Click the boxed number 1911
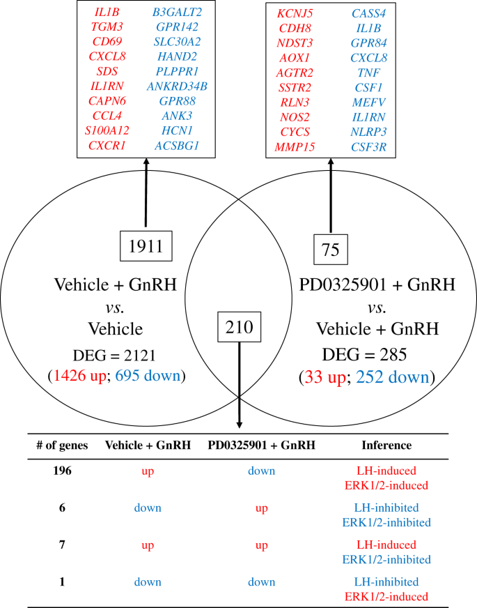click(146, 247)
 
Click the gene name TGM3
click(107, 26)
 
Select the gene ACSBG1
click(177, 145)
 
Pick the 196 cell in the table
click(63, 471)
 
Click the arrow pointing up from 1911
click(146, 195)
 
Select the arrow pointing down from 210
click(239, 383)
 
